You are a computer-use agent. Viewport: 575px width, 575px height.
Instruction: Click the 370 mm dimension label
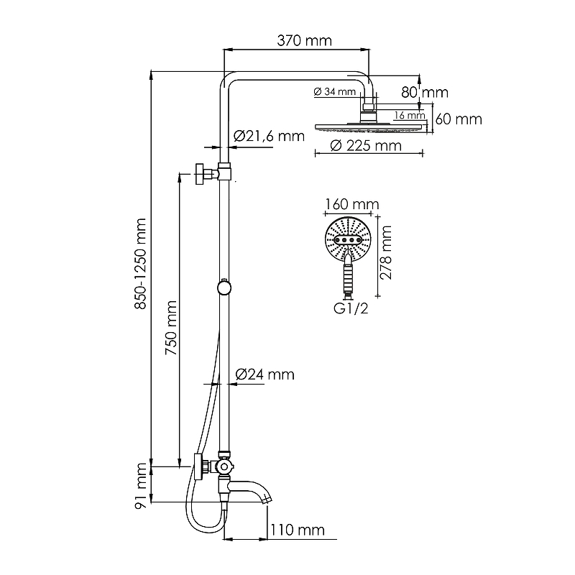pos(304,40)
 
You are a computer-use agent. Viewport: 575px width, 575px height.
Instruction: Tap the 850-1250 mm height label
pos(140,264)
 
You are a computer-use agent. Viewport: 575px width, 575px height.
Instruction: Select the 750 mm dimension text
pos(171,328)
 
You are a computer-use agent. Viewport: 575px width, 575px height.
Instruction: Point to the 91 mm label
pos(140,486)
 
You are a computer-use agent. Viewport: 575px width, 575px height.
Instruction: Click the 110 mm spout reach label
pos(298,530)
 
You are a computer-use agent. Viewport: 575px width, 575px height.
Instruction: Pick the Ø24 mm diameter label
pos(264,374)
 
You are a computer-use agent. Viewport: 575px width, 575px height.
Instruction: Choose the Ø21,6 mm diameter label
pos(269,136)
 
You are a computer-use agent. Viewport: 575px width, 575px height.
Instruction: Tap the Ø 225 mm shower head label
pos(366,146)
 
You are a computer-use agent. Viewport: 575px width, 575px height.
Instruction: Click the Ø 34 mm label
pos(335,91)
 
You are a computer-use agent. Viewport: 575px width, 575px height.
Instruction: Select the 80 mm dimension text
pos(425,93)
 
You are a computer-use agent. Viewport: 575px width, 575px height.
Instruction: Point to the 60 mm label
pos(459,119)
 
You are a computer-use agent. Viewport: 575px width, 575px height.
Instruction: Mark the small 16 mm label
pos(410,116)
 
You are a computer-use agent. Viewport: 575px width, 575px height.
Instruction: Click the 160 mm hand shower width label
pos(351,204)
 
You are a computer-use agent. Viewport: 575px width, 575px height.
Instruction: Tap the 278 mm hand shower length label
pos(386,252)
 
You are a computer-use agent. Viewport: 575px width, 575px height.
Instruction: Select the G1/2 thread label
pos(351,308)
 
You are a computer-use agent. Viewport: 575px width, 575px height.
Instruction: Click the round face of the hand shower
pos(348,239)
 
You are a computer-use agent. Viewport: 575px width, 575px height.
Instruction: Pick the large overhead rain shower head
pos(369,127)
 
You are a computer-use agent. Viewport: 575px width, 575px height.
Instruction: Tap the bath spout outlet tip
pos(268,499)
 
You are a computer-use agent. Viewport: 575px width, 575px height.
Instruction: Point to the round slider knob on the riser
pos(224,287)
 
